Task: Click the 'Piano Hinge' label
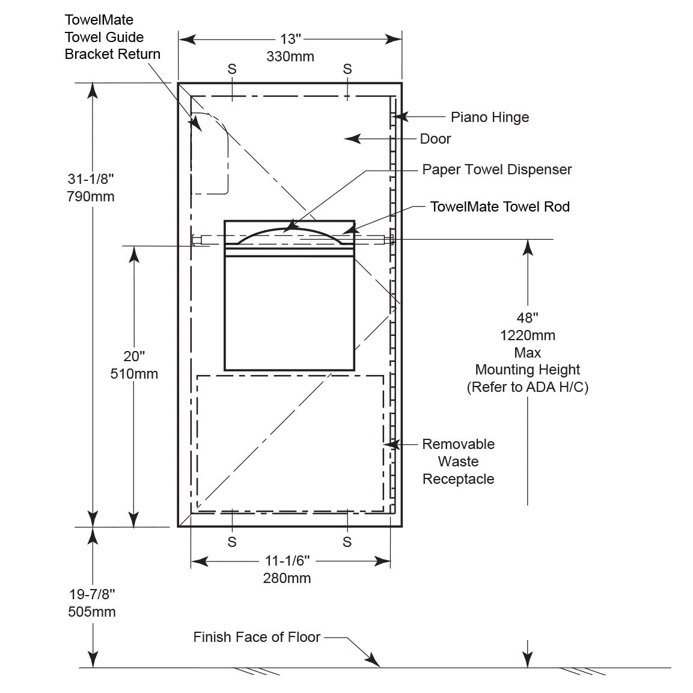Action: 490,117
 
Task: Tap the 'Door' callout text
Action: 435,139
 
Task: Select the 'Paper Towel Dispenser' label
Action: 496,169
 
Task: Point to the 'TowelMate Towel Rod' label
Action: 499,207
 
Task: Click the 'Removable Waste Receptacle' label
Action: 458,462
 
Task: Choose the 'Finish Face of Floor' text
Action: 257,637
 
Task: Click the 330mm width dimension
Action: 290,56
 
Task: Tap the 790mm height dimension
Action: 91,196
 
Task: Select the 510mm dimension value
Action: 134,374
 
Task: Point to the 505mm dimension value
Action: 92,612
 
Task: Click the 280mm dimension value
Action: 287,578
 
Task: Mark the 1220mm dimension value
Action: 527,335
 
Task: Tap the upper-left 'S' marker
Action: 232,69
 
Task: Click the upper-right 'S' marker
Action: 347,69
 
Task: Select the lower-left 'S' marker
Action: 232,542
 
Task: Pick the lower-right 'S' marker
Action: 347,542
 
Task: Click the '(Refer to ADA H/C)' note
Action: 527,387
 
